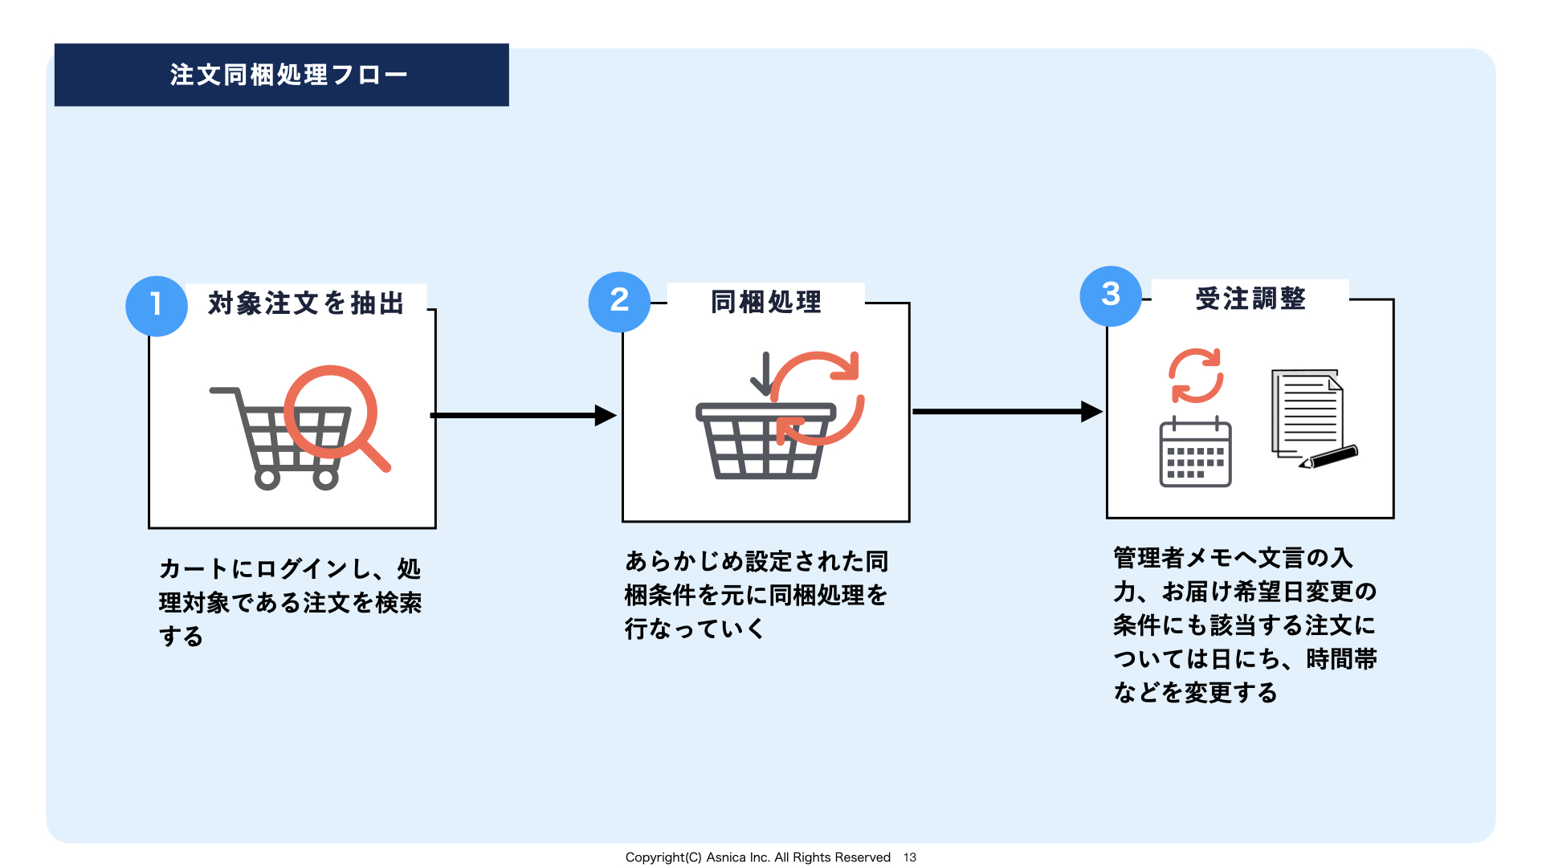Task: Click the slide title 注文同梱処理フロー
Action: [x=288, y=75]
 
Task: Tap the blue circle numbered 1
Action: [x=157, y=306]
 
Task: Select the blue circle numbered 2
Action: [x=619, y=302]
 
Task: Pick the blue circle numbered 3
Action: [x=1111, y=296]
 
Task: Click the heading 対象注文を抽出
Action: [x=306, y=303]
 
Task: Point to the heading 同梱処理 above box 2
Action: [x=766, y=302]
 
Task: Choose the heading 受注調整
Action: [x=1250, y=299]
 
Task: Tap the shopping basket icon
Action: [x=765, y=441]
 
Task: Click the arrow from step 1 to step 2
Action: [x=524, y=416]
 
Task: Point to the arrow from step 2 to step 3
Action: [x=1008, y=412]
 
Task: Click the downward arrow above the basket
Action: [x=765, y=374]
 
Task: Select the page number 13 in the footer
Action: [x=910, y=857]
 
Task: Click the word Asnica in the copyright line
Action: [x=727, y=857]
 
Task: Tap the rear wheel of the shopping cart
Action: [x=267, y=478]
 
